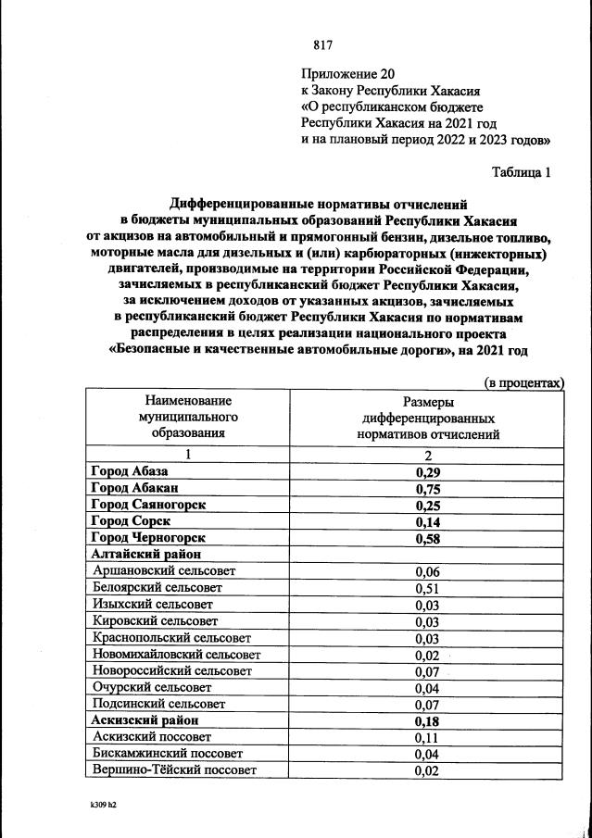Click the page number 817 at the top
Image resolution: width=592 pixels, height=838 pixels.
point(322,45)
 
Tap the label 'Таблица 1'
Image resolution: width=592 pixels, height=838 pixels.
point(521,171)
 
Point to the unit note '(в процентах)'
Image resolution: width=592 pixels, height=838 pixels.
point(524,382)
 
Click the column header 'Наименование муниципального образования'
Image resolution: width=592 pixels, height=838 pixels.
point(188,417)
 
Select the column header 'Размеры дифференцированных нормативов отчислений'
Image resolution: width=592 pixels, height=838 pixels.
point(428,418)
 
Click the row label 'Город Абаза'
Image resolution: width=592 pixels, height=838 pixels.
point(130,472)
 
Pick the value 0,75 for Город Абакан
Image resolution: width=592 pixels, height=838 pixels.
point(427,489)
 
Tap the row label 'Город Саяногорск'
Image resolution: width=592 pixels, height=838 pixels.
point(147,505)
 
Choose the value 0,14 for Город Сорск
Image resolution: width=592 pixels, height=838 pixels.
point(427,521)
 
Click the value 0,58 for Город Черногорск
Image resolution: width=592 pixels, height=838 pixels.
point(427,538)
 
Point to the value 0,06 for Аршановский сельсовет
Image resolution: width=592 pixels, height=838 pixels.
point(427,571)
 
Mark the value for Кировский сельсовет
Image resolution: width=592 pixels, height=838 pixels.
point(427,621)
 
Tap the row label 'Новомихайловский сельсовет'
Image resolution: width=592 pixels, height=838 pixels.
point(177,655)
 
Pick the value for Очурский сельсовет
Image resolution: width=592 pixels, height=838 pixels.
point(427,688)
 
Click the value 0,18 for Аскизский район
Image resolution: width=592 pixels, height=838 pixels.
point(427,721)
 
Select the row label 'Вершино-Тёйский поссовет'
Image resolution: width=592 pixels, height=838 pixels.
point(174,770)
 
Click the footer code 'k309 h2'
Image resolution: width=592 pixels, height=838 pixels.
point(97,806)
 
